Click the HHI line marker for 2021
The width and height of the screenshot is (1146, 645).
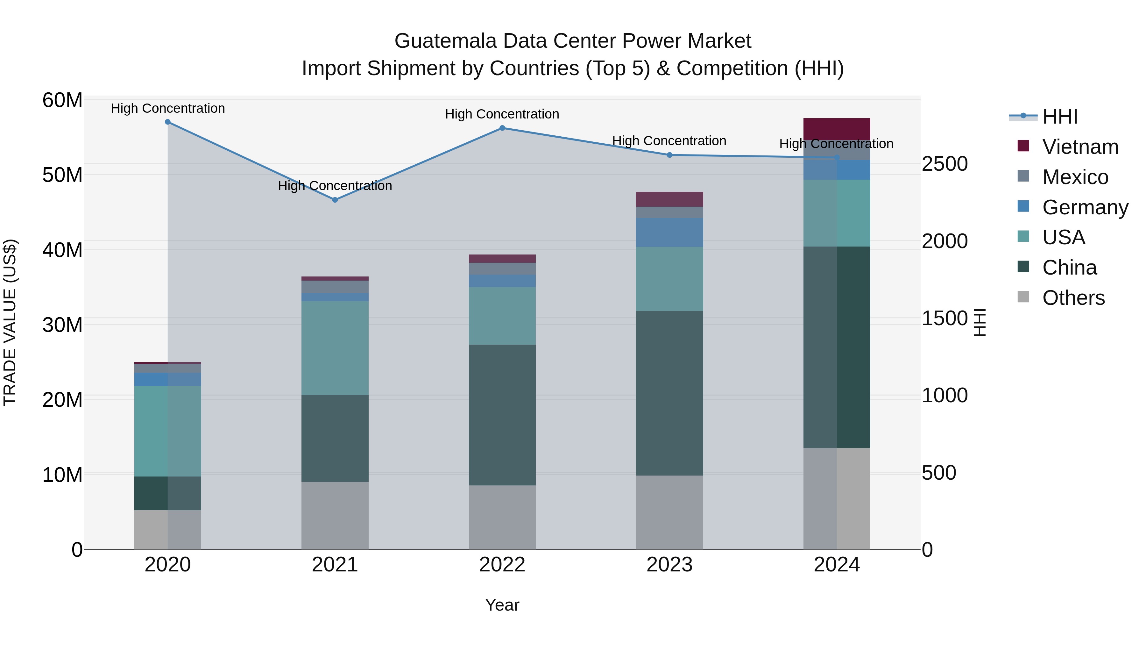pos(335,200)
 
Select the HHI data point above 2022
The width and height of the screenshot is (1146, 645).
pos(502,128)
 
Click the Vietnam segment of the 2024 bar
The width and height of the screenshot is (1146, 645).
pos(837,129)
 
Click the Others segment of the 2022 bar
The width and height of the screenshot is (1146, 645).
pos(502,517)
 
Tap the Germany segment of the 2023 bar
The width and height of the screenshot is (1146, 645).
pos(669,233)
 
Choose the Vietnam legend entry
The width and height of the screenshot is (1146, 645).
pos(1080,147)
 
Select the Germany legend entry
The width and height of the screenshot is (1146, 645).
pos(1085,207)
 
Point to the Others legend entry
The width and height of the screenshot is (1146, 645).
pos(1073,298)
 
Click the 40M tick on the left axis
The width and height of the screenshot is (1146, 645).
pos(62,250)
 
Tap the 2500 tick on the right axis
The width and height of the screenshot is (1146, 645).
pos(944,164)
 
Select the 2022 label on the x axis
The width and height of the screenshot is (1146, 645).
pos(502,565)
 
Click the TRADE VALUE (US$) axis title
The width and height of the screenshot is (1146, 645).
pos(10,322)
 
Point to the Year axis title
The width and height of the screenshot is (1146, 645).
pos(502,605)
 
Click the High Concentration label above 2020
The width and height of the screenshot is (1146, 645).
pos(168,108)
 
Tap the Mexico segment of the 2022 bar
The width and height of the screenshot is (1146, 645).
pos(502,269)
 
